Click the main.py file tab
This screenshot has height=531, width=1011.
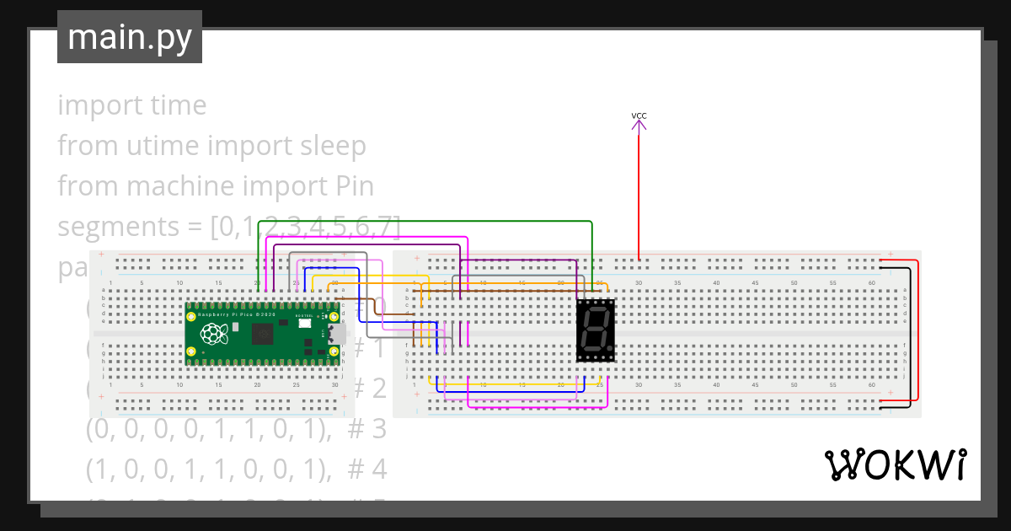click(129, 38)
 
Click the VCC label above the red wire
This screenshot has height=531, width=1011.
click(639, 115)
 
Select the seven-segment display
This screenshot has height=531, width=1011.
click(596, 330)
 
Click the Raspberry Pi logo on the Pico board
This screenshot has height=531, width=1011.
click(213, 334)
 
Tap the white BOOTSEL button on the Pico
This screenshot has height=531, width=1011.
click(303, 323)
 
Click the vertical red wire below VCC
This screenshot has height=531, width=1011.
click(639, 194)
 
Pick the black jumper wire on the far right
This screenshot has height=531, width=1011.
click(911, 337)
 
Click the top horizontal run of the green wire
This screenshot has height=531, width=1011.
click(421, 221)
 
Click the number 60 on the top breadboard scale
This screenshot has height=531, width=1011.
click(871, 283)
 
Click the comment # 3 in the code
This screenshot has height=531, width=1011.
click(366, 429)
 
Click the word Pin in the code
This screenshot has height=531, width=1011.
click(354, 186)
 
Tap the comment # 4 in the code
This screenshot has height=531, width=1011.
click(366, 468)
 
